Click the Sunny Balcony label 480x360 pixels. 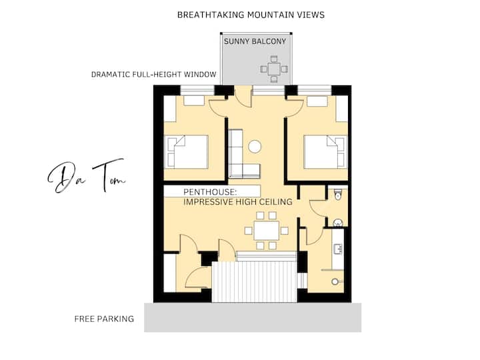click(255, 41)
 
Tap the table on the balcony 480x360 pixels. click(274, 69)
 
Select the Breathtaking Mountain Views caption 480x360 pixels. click(251, 15)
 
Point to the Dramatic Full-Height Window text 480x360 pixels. click(154, 75)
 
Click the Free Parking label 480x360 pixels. click(104, 319)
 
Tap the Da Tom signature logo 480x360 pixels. click(86, 175)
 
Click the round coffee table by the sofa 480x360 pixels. click(255, 146)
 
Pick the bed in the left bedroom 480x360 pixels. click(187, 152)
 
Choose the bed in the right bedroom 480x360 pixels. click(325, 152)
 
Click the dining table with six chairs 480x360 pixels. click(266, 231)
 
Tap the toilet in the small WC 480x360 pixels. click(338, 194)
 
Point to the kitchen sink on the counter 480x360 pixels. click(338, 249)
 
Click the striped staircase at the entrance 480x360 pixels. click(255, 281)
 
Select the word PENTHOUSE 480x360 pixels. click(210, 192)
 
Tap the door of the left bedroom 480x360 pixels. click(218, 109)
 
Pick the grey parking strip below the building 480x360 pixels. click(253, 317)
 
